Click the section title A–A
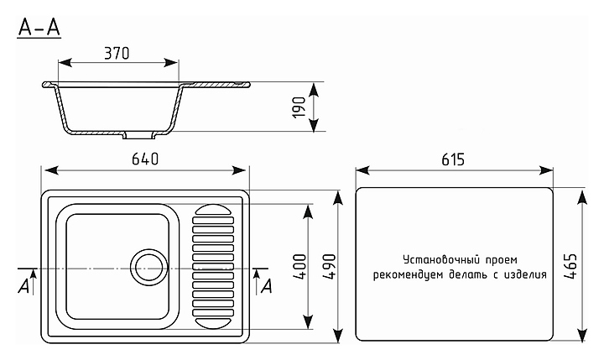(x=39, y=27)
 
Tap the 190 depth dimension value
(x=298, y=107)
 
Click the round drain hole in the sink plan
(x=148, y=266)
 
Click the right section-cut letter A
(x=267, y=285)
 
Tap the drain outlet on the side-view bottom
(x=139, y=134)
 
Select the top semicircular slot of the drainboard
(x=211, y=210)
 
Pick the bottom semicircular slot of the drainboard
(x=211, y=321)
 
